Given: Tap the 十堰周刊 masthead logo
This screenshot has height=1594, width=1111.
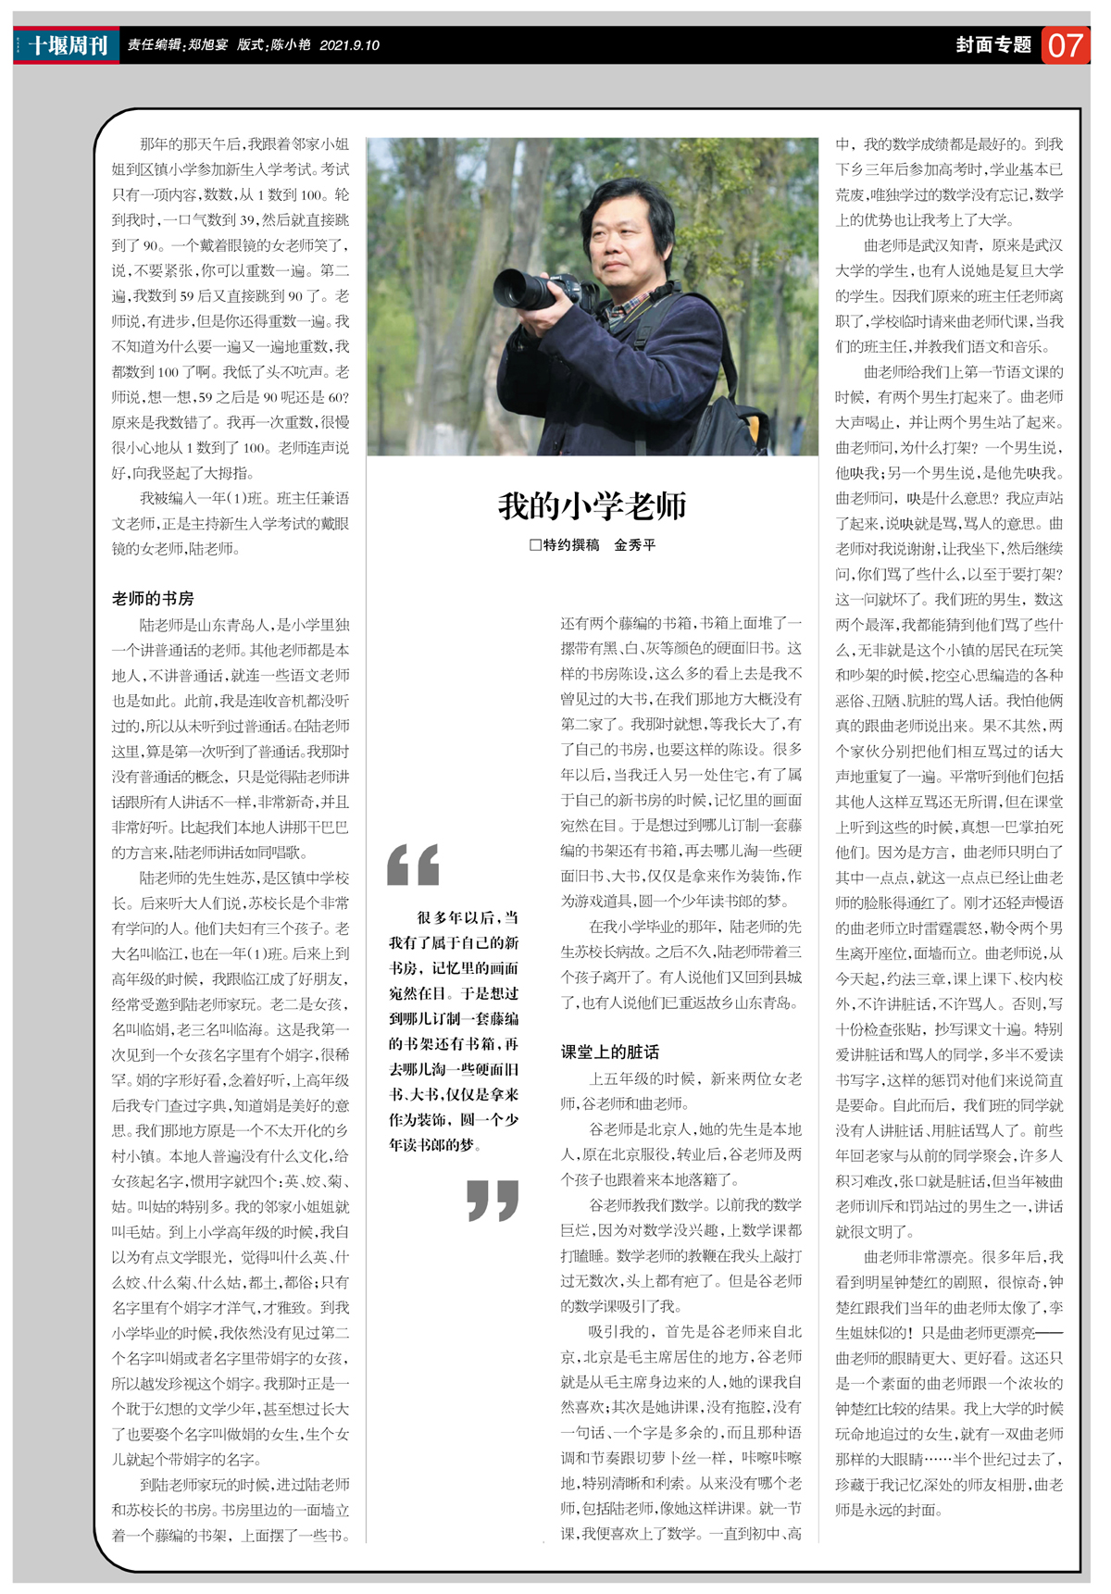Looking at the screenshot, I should click(67, 44).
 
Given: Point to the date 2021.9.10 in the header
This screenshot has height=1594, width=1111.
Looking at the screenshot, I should click(349, 45).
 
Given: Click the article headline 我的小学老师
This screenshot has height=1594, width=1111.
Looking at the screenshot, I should click(592, 505).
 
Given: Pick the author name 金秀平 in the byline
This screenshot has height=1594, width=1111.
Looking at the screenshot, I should click(635, 545).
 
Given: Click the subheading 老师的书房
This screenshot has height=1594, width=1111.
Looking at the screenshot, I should click(153, 598).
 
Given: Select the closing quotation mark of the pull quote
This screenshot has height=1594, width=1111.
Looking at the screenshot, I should click(492, 1200).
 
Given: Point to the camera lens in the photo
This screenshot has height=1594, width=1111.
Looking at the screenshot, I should click(521, 290).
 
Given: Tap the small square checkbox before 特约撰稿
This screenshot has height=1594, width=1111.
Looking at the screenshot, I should click(535, 545).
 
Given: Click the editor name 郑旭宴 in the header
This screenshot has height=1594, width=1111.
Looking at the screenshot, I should click(207, 45).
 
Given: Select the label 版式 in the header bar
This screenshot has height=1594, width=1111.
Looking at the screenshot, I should click(250, 45).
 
